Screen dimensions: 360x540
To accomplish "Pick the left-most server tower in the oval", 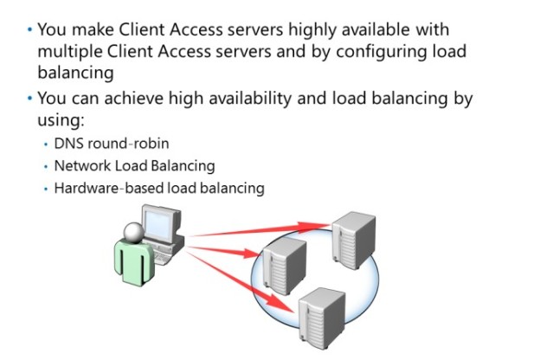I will pyautogui.click(x=285, y=265).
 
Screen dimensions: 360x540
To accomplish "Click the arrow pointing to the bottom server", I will pyautogui.click(x=251, y=281).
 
